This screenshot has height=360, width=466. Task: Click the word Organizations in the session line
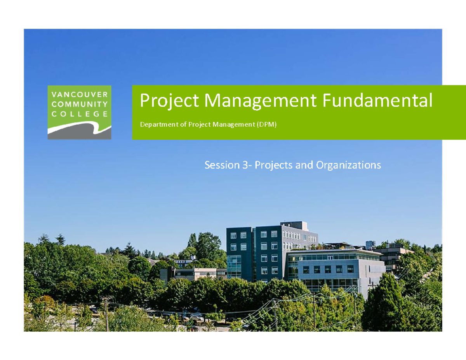tap(348, 165)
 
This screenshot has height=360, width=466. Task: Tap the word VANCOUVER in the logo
tap(79, 94)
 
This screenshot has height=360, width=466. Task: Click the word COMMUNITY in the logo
tap(79, 104)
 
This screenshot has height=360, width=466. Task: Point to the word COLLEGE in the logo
tap(79, 114)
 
